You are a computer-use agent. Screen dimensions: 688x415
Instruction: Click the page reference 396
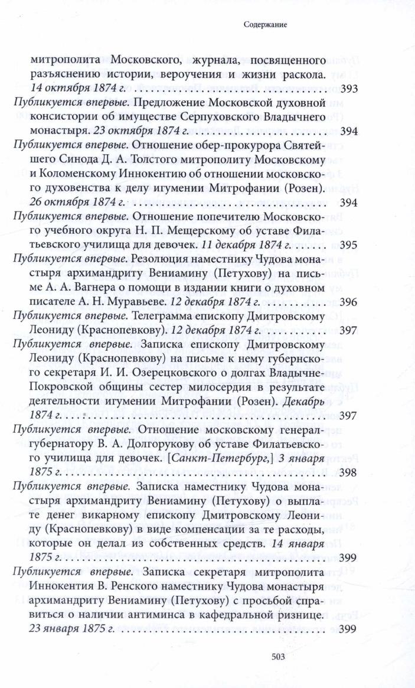349,302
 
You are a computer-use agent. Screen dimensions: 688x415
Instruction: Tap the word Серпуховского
211,117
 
